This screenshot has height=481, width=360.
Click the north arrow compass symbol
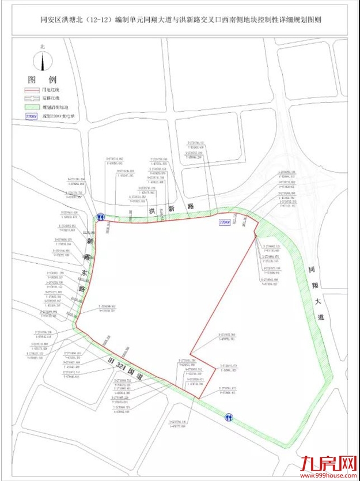(x=42, y=60)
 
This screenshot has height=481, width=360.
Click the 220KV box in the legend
(x=32, y=116)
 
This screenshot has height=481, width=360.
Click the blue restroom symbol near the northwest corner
(x=100, y=218)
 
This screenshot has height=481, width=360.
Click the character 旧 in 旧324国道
(x=107, y=358)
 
